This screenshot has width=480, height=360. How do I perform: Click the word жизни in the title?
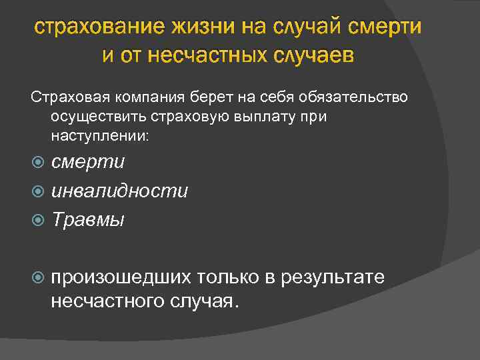pos(200,29)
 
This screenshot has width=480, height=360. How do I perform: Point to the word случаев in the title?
pos(313,55)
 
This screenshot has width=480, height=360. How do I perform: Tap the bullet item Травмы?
pos(87,219)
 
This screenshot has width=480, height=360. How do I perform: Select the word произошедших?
pos(123,277)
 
